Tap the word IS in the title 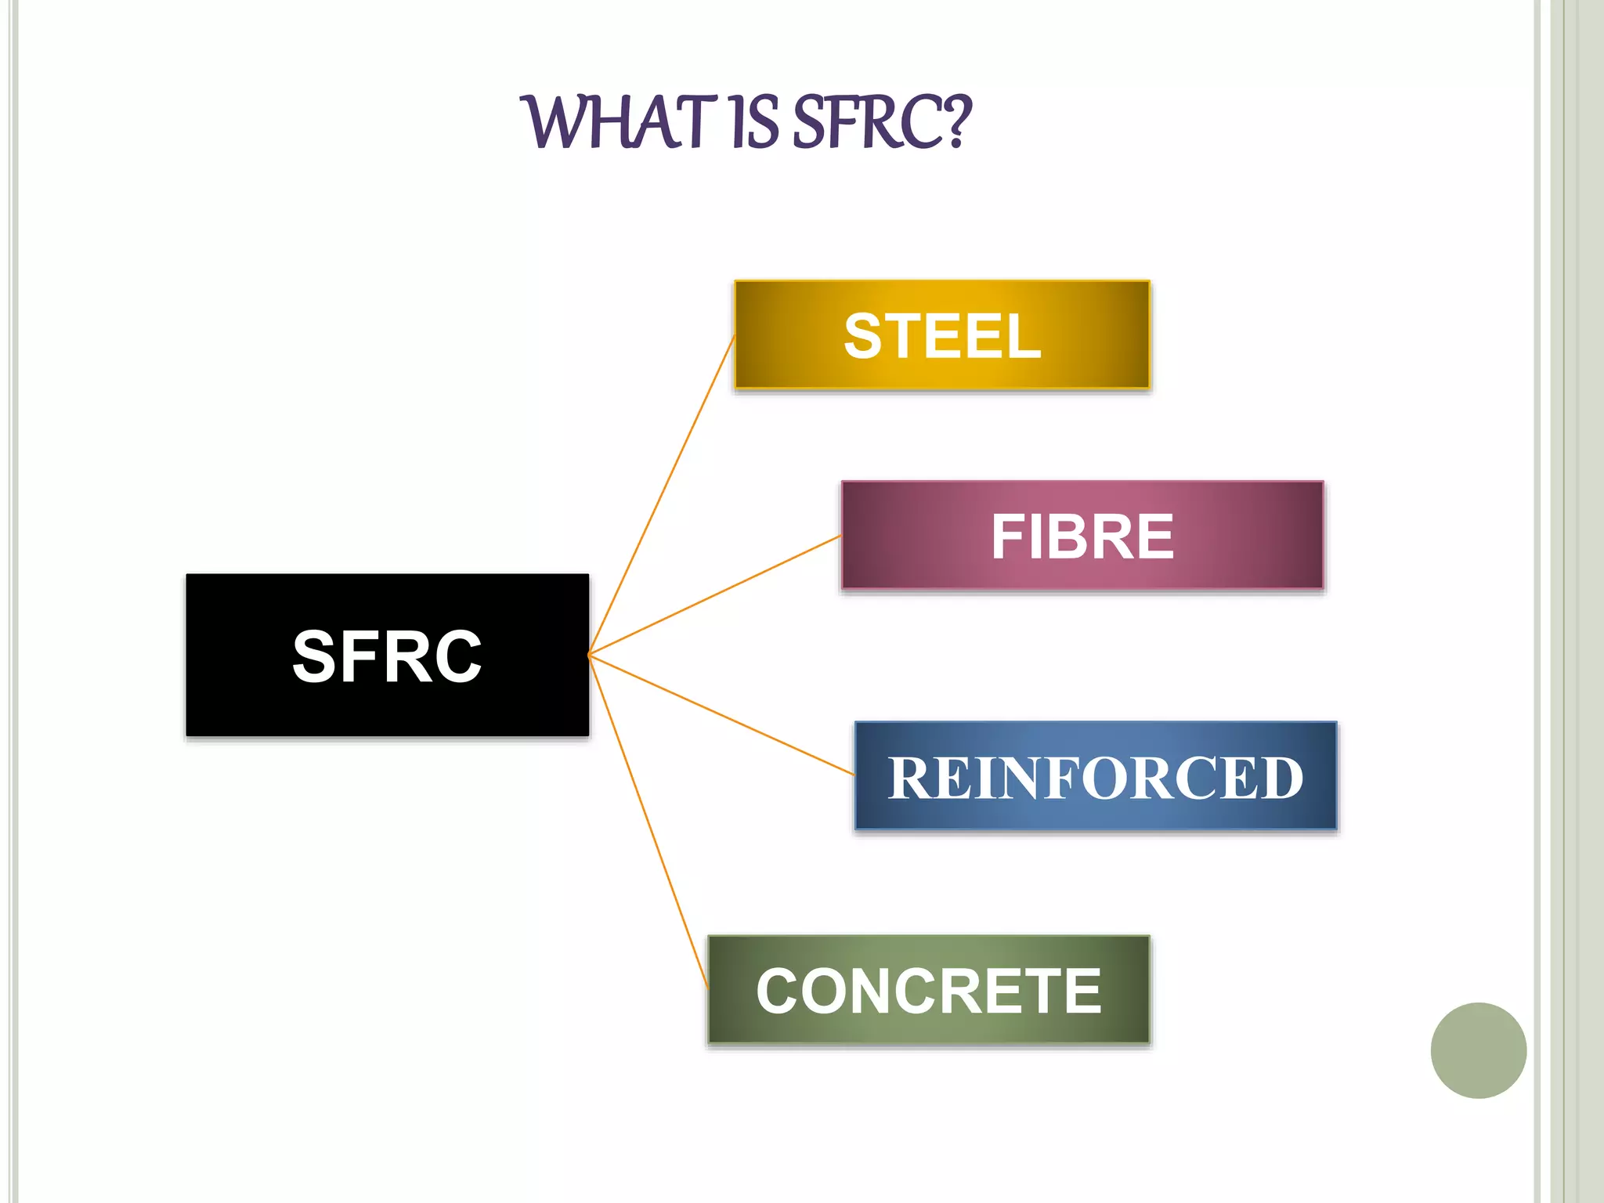[x=754, y=123]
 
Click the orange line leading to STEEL [x=662, y=494]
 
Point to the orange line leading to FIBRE [x=714, y=595]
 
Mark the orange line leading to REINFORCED [x=721, y=715]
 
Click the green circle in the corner [x=1478, y=1050]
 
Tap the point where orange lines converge [x=589, y=654]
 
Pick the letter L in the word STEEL [x=1023, y=337]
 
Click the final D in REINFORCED [x=1277, y=779]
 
